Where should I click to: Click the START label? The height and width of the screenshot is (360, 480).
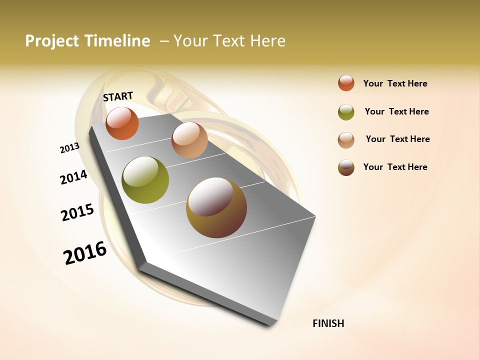point(118,96)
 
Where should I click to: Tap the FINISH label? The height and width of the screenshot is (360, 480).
point(328,323)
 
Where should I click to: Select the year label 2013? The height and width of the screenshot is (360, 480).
point(69,148)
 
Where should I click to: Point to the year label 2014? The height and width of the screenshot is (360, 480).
point(73,177)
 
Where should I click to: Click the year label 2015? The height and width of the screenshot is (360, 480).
point(77,212)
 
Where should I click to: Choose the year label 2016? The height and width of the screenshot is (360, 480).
point(85,253)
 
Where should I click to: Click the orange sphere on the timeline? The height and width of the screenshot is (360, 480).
point(122,123)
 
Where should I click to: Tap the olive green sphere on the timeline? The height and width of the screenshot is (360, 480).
point(145,180)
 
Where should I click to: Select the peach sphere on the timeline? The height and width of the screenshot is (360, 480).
point(189,140)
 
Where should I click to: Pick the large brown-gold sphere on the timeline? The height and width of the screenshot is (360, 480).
point(216,207)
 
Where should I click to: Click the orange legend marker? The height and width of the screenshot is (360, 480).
point(346,83)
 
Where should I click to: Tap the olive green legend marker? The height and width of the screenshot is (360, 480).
point(346,112)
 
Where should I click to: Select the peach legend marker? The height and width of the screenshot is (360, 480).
point(346,139)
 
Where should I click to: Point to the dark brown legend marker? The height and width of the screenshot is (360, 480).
point(346,167)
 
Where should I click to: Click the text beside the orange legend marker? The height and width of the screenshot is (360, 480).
point(395,83)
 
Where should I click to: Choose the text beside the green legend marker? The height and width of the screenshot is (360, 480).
point(396,111)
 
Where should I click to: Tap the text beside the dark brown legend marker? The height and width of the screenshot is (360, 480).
point(395,167)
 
